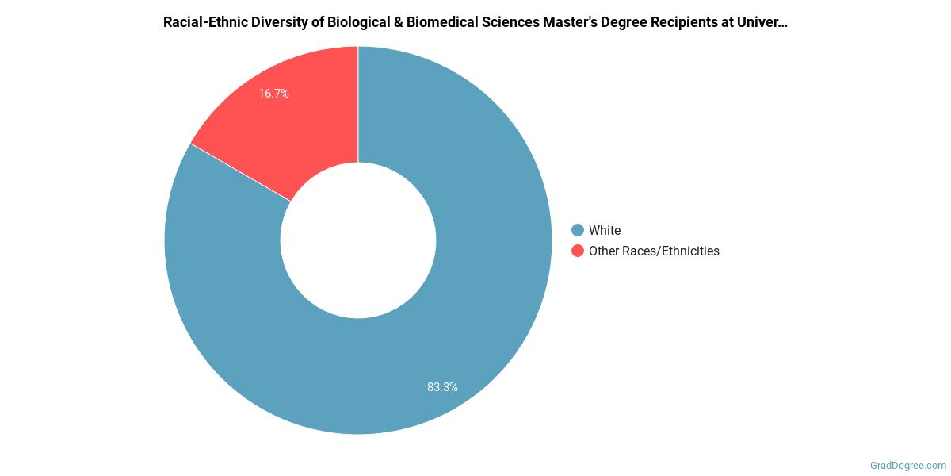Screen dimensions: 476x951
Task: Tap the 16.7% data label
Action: click(273, 94)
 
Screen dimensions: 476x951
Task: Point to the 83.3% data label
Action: click(442, 387)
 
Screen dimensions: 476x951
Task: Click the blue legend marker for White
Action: click(578, 230)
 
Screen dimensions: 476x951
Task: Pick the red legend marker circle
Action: click(578, 251)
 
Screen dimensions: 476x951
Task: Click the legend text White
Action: click(605, 230)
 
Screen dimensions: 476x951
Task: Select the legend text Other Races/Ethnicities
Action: click(654, 251)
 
